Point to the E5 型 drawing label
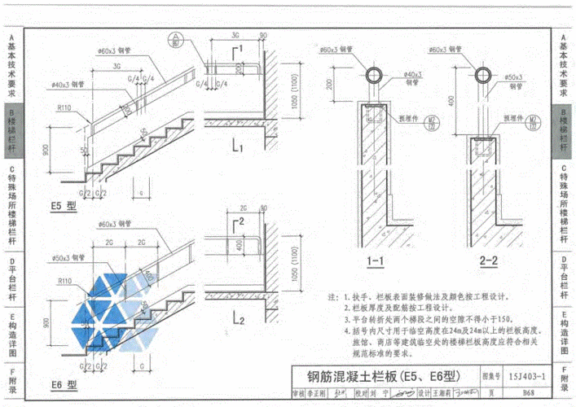point(62,207)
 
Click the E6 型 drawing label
point(62,384)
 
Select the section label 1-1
point(376,261)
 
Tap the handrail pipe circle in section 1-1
point(377,77)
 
